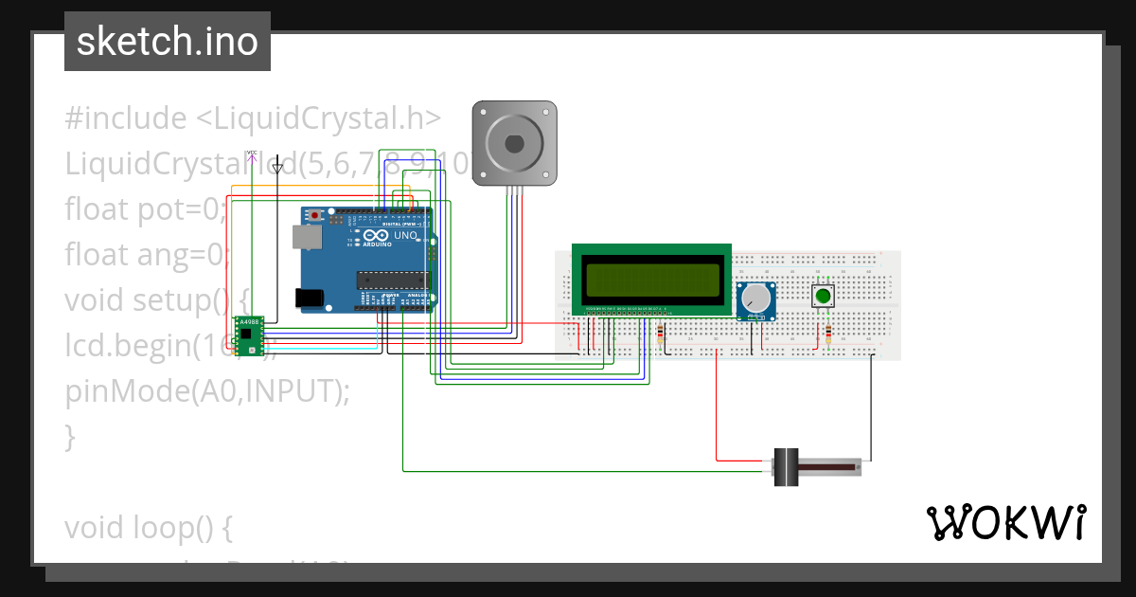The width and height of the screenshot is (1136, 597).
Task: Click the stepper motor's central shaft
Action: coord(514,143)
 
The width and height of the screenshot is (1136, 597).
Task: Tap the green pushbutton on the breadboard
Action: coord(823,297)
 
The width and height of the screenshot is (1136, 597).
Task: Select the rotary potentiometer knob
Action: coord(755,300)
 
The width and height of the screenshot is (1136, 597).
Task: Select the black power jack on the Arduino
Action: coord(310,298)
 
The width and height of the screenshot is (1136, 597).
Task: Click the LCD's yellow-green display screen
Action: coord(652,280)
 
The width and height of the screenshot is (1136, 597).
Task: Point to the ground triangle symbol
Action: coord(276,168)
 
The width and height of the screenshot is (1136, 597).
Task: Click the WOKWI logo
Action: coord(1005,523)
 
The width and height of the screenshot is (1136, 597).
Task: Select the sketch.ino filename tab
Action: coord(168,42)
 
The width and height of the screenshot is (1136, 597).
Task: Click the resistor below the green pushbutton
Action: coord(829,335)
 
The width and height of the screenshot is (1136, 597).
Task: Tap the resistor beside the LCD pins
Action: coord(660,334)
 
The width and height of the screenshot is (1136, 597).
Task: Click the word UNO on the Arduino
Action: coord(405,235)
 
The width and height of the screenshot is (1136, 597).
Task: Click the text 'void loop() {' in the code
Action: coord(149,527)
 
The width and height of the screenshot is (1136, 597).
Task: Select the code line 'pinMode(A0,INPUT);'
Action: coord(207,390)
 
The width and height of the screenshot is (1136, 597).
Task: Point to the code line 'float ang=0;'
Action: coord(148,254)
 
